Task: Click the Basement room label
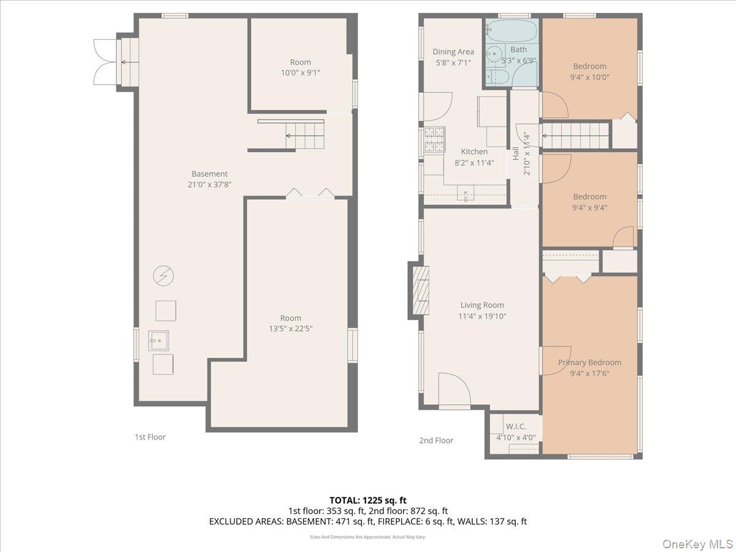click(x=209, y=174)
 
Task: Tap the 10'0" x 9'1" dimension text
click(x=300, y=72)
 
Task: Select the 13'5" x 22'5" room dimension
click(x=291, y=328)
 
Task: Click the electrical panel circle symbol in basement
click(x=163, y=276)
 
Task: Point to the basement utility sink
click(x=158, y=338)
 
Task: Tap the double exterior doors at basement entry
click(x=104, y=62)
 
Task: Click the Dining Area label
click(x=453, y=52)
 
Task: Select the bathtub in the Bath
click(x=512, y=30)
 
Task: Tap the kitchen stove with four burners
click(x=434, y=139)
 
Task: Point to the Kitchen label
click(x=474, y=151)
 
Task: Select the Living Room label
click(x=482, y=305)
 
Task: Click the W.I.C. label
click(x=516, y=426)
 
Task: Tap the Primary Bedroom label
click(x=589, y=362)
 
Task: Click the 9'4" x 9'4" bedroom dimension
click(x=589, y=207)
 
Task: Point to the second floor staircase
click(x=575, y=135)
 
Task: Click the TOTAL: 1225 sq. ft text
click(x=368, y=500)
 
